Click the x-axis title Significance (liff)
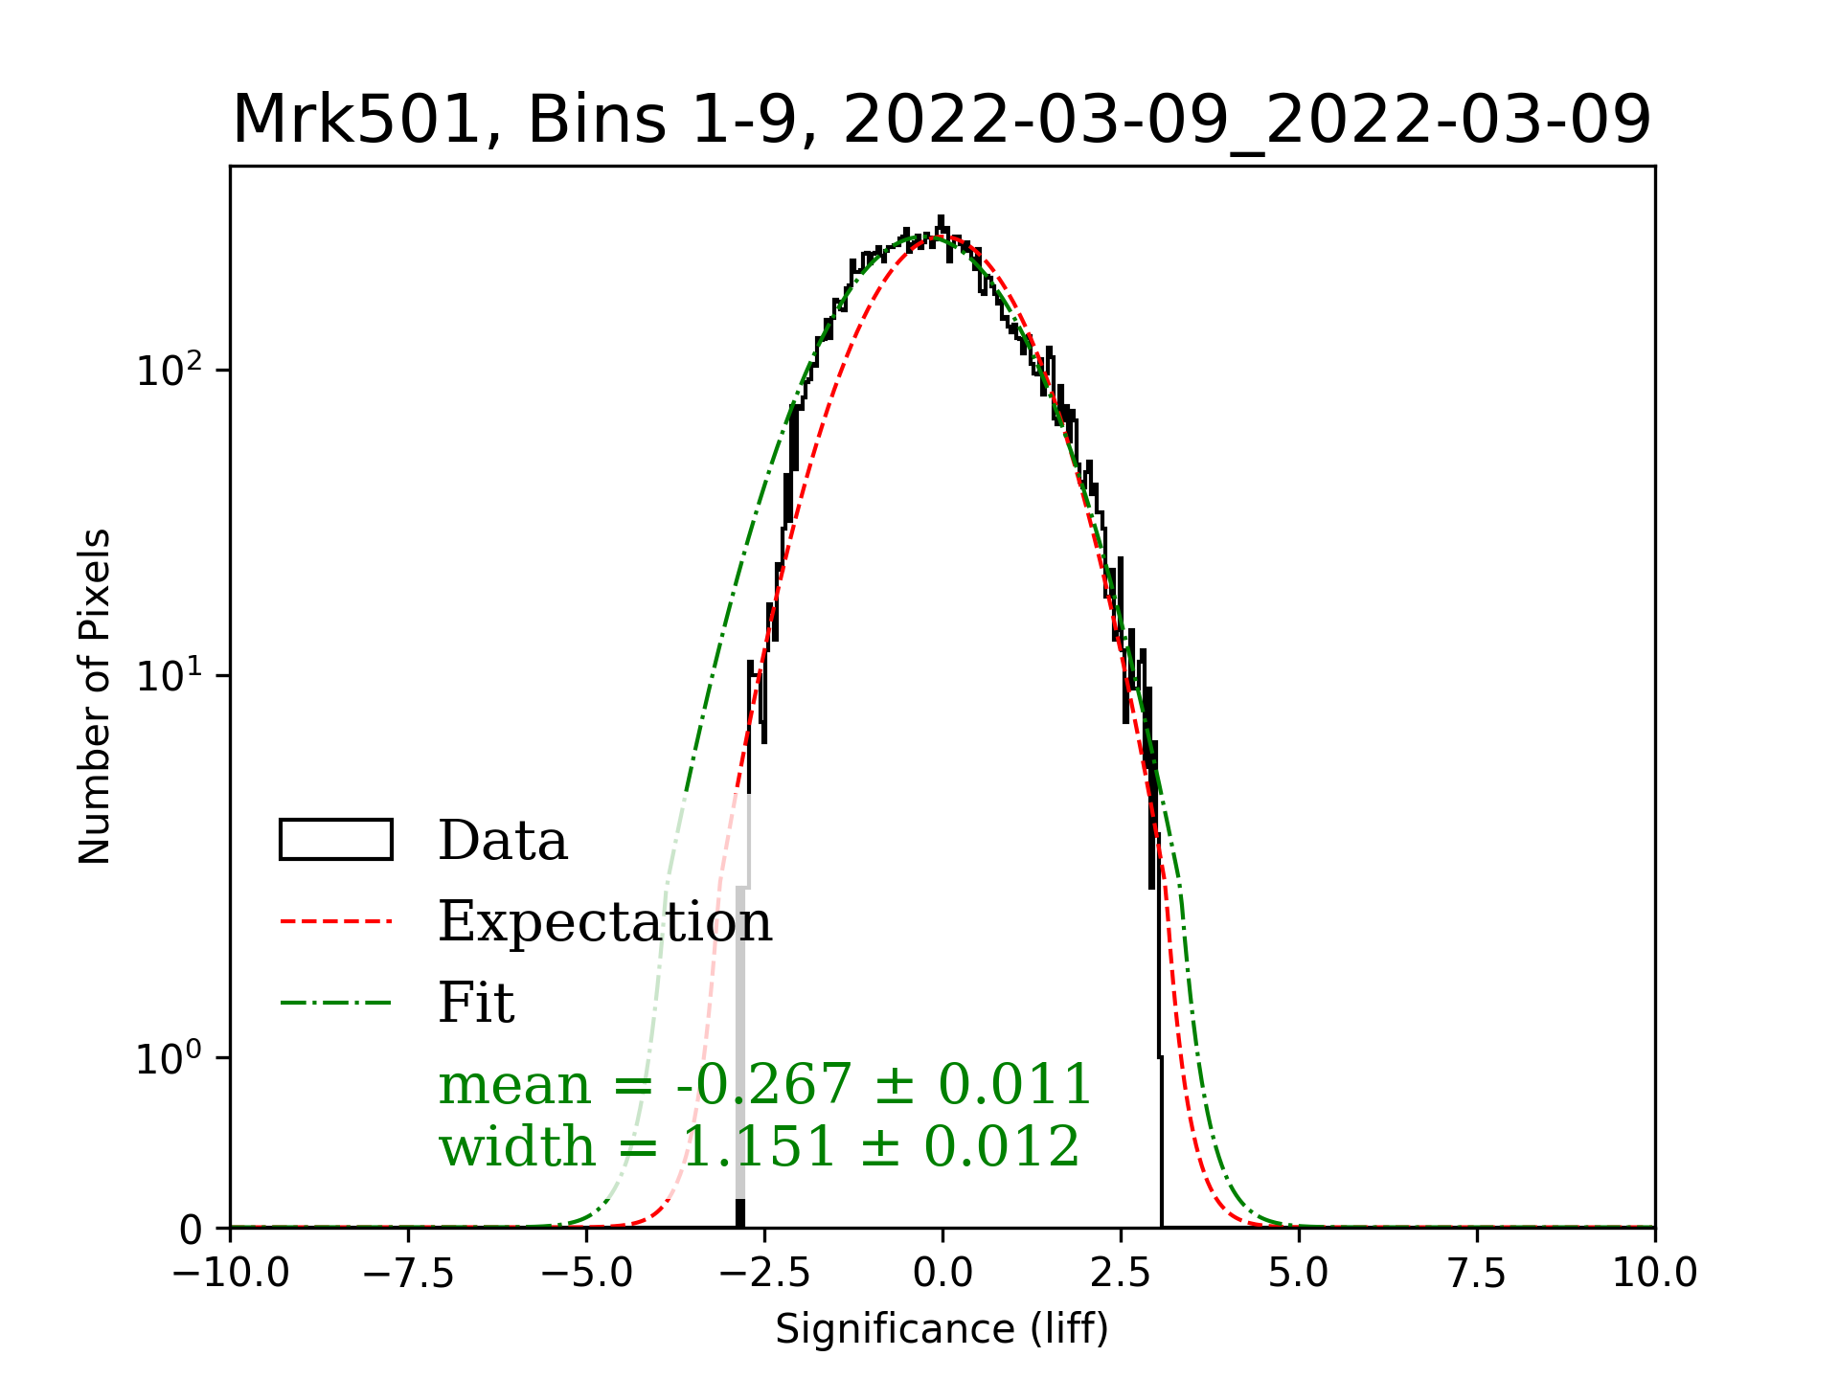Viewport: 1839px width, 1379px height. [x=942, y=1329]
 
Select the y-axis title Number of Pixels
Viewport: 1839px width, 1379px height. [x=96, y=696]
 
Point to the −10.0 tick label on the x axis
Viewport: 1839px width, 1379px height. [x=231, y=1274]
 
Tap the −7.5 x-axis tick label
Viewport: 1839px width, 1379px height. [x=409, y=1274]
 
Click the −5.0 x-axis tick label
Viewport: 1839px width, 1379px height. [x=586, y=1274]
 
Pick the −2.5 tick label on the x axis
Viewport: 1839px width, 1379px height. [x=764, y=1274]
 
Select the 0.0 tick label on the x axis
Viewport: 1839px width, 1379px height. [x=942, y=1274]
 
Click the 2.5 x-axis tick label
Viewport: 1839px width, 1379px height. [x=1121, y=1274]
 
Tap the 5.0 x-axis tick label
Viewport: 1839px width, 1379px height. [x=1299, y=1274]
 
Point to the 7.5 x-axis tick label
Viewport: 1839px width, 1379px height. [x=1477, y=1274]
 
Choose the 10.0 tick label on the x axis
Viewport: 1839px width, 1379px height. [x=1654, y=1274]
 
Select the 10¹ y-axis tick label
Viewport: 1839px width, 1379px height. [x=170, y=674]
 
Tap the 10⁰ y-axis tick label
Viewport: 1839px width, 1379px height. [x=170, y=1057]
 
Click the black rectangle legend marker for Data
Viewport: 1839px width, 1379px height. [x=336, y=840]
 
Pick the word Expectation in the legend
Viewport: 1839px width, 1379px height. [x=604, y=921]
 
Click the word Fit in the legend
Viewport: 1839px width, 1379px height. [x=476, y=1003]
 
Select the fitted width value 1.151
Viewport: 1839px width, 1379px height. [x=759, y=1146]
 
